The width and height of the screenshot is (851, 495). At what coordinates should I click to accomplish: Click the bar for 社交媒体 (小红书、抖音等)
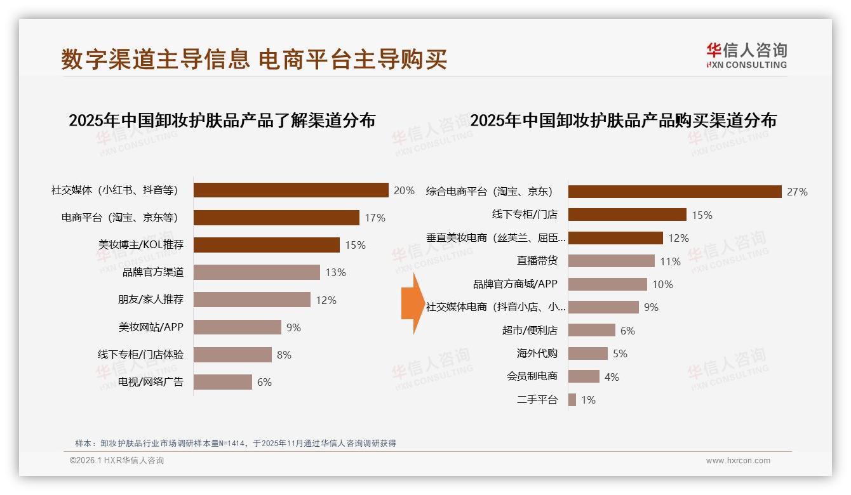pos(290,190)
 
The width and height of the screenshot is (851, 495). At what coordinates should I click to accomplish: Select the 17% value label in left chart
pos(375,218)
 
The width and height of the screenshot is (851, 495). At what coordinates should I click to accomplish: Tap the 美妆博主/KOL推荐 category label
pos(141,245)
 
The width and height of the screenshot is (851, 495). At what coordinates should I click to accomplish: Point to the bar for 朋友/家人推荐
pos(251,300)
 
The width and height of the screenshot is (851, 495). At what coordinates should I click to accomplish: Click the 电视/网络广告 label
pos(151,382)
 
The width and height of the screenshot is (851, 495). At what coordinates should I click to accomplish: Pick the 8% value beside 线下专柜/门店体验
pos(284,355)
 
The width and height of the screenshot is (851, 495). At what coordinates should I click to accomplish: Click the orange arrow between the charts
pos(412,303)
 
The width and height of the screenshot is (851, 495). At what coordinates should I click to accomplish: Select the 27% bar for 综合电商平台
pos(674,192)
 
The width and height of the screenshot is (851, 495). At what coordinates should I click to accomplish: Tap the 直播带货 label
pos(537,261)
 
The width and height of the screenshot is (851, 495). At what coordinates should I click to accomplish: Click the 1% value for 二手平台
pos(588,400)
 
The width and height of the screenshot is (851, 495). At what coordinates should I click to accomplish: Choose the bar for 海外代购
pos(587,353)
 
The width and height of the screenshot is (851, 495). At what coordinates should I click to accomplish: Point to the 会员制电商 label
pos(532,376)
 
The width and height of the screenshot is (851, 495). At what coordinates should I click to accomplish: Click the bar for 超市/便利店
pos(591,330)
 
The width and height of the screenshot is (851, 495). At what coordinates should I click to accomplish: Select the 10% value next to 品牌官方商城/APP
pos(662,284)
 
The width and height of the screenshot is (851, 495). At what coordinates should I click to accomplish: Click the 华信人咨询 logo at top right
pos(746,55)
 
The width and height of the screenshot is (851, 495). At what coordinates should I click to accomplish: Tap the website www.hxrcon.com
pos(737,461)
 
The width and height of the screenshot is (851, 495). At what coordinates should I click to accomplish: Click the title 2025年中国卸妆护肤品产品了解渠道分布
pos(222,121)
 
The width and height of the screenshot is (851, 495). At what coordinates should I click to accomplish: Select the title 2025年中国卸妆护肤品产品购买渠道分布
pos(623,121)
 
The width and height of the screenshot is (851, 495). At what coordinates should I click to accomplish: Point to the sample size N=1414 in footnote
pos(229,443)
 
